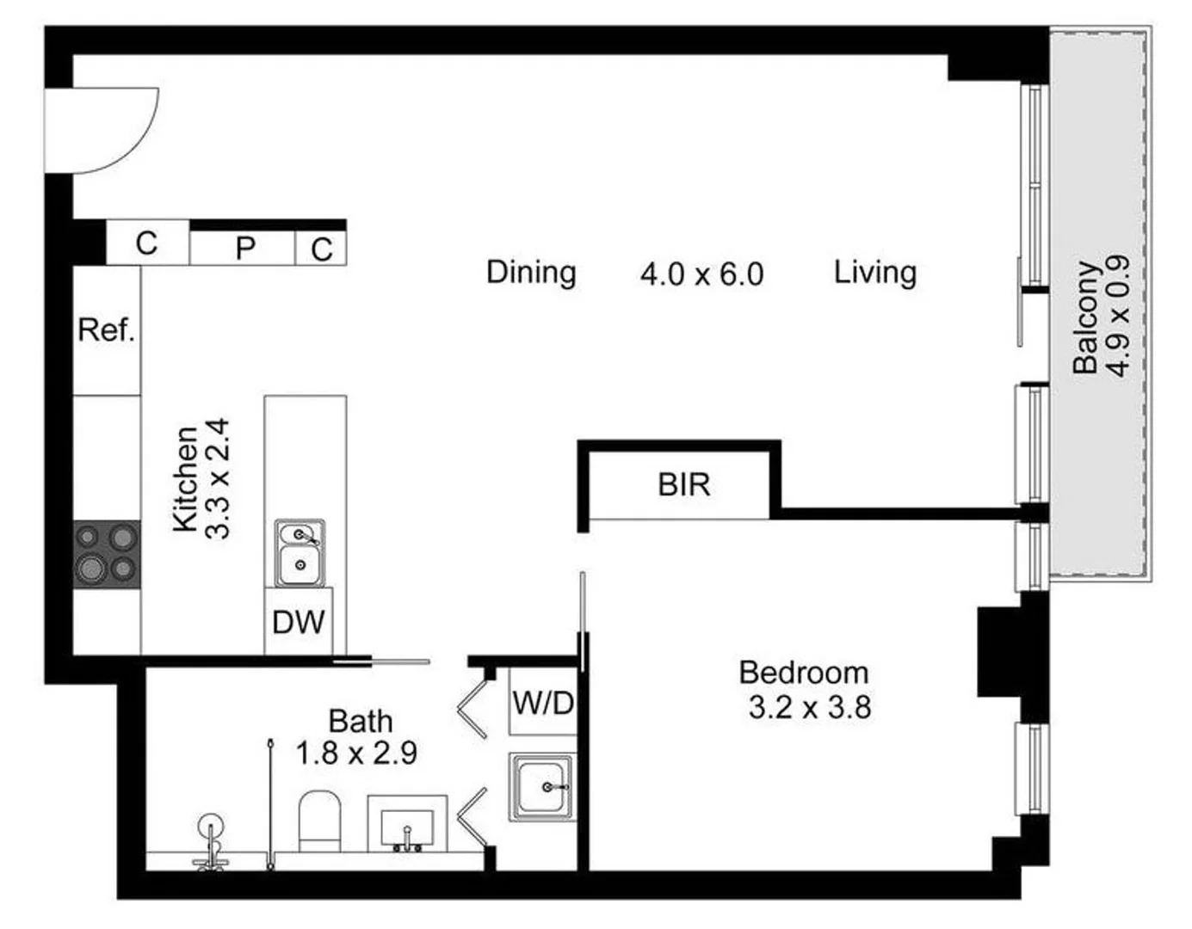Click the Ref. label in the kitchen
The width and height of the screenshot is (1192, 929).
click(x=107, y=329)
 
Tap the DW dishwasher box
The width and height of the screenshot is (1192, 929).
click(x=299, y=621)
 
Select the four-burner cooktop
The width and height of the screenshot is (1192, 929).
click(x=107, y=554)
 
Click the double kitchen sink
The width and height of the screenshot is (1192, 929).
click(x=300, y=552)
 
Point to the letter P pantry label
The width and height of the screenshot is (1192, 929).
click(x=245, y=249)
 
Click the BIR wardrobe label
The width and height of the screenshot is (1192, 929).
click(x=684, y=485)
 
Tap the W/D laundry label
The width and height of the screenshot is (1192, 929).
click(x=543, y=703)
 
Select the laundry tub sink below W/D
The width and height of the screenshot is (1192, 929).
click(x=541, y=787)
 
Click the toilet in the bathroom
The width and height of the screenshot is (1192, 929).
click(x=319, y=821)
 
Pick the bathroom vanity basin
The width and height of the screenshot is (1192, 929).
click(x=407, y=825)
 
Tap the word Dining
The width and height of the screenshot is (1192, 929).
click(x=531, y=273)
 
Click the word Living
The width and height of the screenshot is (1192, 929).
click(x=874, y=273)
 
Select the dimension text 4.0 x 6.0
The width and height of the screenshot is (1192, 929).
click(x=701, y=274)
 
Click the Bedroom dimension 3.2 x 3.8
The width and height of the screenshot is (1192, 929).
click(x=809, y=708)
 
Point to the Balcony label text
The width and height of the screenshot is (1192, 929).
click(x=1085, y=317)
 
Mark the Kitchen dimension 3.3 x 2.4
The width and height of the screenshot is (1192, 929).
click(x=218, y=478)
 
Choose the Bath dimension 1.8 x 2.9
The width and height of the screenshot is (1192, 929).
click(x=356, y=754)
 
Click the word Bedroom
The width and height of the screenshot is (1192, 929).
click(x=804, y=672)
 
